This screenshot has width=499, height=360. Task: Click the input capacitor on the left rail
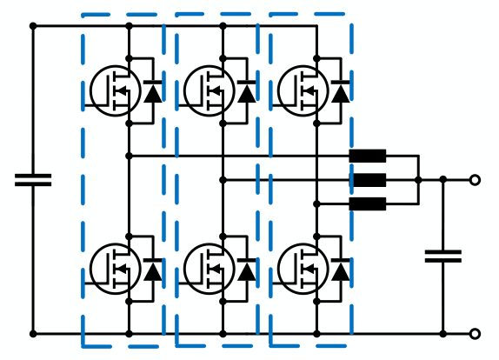(x=33, y=180)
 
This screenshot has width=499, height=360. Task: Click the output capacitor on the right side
(x=442, y=256)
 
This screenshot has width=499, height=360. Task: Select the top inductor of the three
(x=368, y=157)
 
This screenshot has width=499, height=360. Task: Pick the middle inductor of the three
(x=369, y=180)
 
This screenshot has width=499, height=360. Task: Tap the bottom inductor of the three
(x=368, y=204)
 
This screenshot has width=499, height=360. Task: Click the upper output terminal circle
(x=475, y=180)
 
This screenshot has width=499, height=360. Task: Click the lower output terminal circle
(x=475, y=333)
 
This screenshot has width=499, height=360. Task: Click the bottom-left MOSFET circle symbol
(x=115, y=268)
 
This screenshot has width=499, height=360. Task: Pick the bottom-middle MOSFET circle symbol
(x=209, y=268)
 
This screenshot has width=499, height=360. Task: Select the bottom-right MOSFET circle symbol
(x=303, y=268)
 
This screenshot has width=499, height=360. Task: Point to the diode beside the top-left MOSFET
(x=153, y=91)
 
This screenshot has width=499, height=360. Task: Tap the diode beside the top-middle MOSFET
(x=247, y=91)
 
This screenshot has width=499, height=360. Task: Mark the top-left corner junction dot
(x=33, y=26)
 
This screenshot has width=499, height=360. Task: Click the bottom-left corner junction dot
(x=33, y=333)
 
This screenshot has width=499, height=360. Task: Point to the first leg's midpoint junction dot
(x=129, y=156)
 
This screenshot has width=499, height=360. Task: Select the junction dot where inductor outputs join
(x=418, y=180)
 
